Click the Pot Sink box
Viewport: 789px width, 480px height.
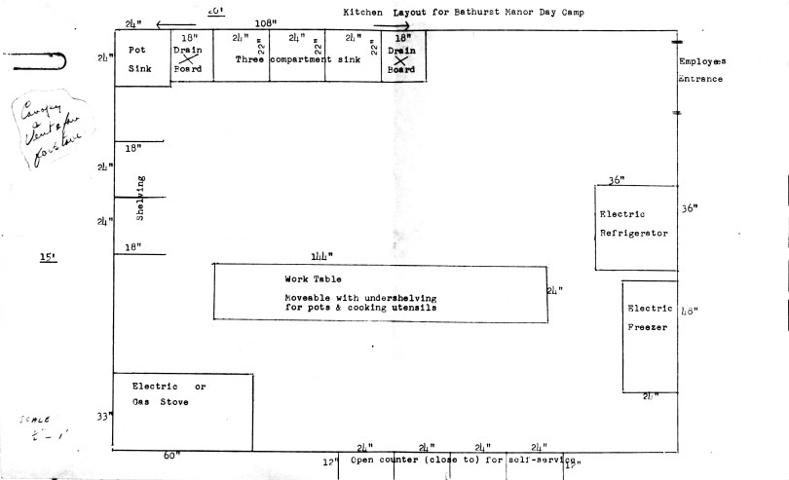click(x=142, y=57)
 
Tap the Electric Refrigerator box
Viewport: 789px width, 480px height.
click(x=636, y=223)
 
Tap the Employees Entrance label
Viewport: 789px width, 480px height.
click(x=701, y=70)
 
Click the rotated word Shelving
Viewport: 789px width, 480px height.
click(x=141, y=198)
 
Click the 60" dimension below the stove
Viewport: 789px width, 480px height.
click(x=172, y=455)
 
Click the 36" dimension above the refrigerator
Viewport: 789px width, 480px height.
click(x=616, y=180)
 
